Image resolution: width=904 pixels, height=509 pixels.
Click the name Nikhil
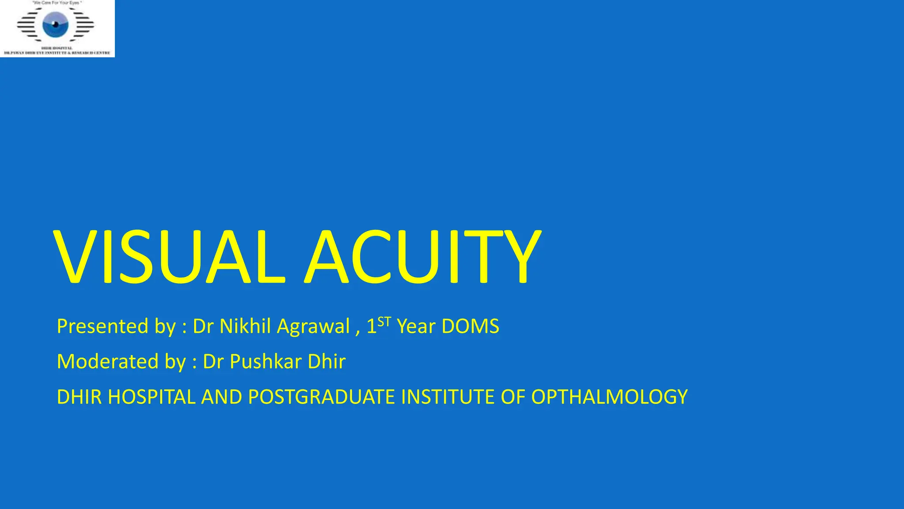[245, 327]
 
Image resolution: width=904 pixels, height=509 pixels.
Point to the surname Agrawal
[313, 327]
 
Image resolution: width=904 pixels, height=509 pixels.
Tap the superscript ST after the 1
[384, 321]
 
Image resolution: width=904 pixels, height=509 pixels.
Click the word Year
[416, 327]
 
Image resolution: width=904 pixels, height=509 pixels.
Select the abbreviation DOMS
[470, 327]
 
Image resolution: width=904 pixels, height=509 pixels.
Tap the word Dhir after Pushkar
[327, 362]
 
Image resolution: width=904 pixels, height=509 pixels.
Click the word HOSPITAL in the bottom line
[151, 397]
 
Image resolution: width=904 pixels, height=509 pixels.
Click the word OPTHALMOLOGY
[609, 397]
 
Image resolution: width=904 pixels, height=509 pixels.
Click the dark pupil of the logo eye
[56, 24]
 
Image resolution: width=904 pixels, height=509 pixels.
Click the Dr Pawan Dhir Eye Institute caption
[57, 53]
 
